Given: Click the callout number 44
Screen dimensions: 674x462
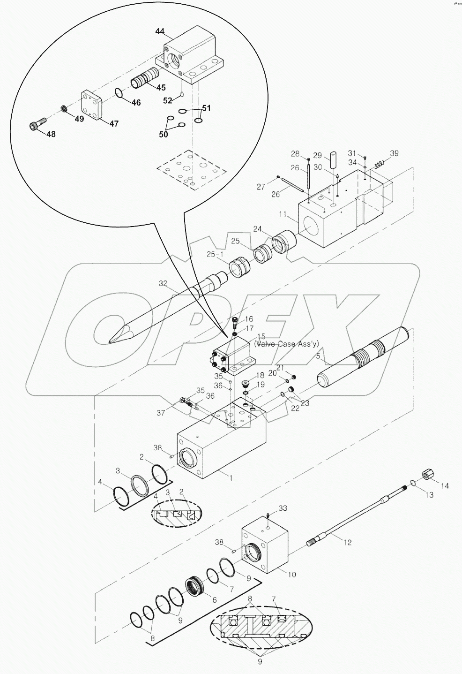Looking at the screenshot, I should (x=160, y=31).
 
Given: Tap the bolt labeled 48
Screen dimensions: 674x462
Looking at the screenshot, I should (x=37, y=125).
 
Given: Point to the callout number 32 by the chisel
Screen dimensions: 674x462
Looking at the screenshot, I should (x=163, y=283).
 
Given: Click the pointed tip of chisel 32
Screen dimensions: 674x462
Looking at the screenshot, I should (x=111, y=341).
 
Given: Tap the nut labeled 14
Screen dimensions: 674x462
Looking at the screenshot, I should (x=428, y=475).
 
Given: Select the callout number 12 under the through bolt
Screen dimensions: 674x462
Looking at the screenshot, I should (x=347, y=542).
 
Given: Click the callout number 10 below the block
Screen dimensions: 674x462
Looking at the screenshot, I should (x=291, y=575).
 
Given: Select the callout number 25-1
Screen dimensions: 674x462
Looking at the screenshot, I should (x=215, y=255).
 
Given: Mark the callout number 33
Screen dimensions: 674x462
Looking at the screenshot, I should (x=283, y=508).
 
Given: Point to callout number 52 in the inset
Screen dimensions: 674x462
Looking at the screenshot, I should (x=167, y=99).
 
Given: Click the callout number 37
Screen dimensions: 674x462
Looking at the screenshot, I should (x=161, y=413).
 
